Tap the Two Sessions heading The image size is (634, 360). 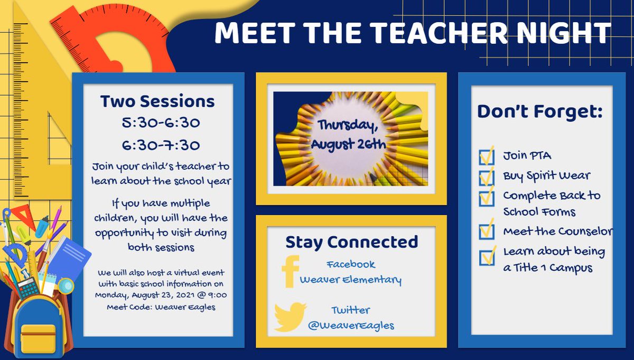(x=157, y=101)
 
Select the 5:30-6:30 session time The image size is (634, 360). (x=157, y=123)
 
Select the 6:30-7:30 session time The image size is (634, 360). (x=157, y=145)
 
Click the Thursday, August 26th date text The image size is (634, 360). (x=349, y=135)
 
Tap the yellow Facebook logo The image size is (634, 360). (x=290, y=272)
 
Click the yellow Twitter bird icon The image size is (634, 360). (x=290, y=317)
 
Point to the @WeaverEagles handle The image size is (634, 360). (x=351, y=325)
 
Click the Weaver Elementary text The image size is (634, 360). (x=351, y=280)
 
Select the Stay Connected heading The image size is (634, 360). (x=351, y=242)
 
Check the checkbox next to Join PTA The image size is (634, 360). (x=486, y=156)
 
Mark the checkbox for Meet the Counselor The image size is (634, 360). (x=486, y=232)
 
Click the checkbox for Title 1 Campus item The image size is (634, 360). (x=486, y=257)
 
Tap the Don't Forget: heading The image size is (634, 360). (x=539, y=112)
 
